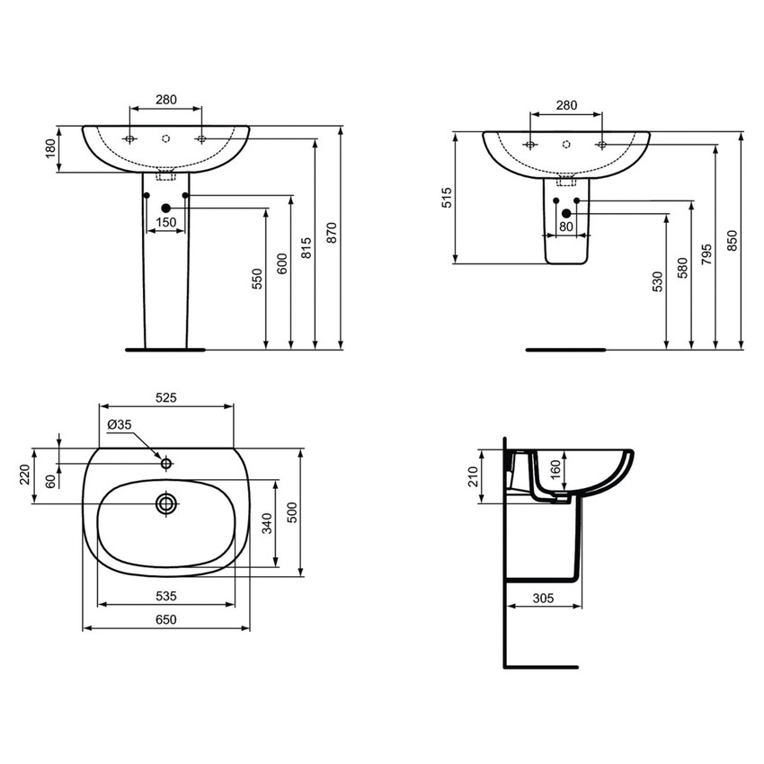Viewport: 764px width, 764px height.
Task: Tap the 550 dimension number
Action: (x=257, y=278)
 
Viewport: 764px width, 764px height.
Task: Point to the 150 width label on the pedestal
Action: (x=165, y=222)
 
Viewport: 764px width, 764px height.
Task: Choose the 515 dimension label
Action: (x=447, y=199)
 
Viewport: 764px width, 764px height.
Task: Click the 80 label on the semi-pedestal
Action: (x=565, y=227)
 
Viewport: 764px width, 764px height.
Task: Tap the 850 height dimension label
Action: (x=732, y=241)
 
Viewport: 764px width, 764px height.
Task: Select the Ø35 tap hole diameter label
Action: (x=120, y=423)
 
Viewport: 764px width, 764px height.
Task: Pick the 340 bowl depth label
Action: (x=267, y=524)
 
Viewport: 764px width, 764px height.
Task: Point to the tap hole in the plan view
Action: (x=166, y=463)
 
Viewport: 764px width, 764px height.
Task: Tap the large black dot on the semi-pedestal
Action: (x=565, y=213)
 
